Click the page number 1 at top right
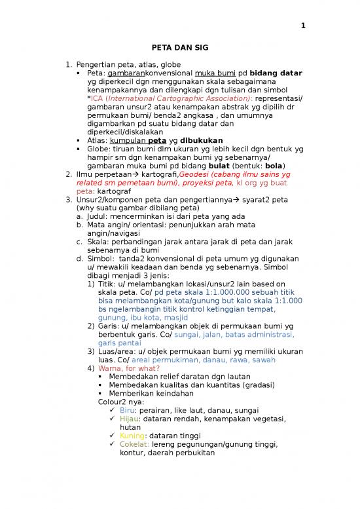[303, 26]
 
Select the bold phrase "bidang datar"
[274, 73]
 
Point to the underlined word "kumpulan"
[127, 140]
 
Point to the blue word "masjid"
[173, 318]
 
